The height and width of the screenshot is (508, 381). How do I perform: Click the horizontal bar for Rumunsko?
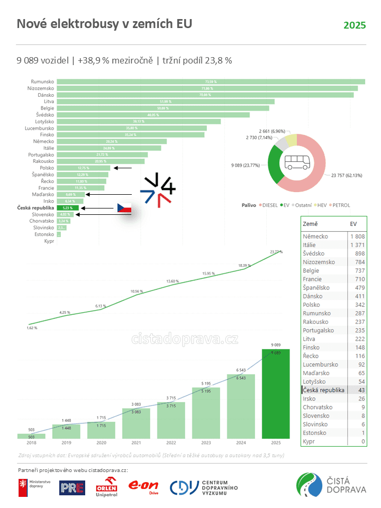tap(211, 81)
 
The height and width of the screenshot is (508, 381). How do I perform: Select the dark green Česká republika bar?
tap(68, 208)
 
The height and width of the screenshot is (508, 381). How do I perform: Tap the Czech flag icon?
tap(124, 208)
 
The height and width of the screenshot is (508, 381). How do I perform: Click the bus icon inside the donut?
tap(297, 162)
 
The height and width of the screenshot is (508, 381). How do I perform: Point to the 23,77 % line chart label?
tap(276, 252)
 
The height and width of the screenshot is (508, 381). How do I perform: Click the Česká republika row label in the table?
tap(323, 390)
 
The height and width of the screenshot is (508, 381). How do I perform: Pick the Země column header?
tap(311, 224)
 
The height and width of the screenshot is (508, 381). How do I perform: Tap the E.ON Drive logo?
tap(143, 486)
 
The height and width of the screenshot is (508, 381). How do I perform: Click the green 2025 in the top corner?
tap(354, 25)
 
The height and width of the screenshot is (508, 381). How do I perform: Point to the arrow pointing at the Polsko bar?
tap(123, 168)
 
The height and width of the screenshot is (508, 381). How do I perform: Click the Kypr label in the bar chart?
tap(49, 241)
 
